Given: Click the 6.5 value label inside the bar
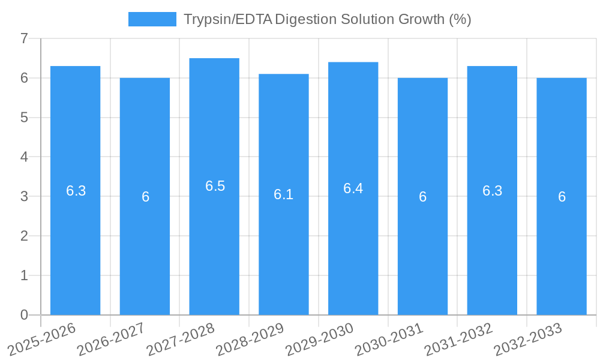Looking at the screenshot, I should (x=215, y=186).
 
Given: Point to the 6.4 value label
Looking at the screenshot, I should (x=353, y=188).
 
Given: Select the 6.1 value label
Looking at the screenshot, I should (x=283, y=194).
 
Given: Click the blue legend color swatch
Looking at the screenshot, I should (x=152, y=19).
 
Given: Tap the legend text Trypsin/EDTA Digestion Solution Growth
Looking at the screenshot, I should (x=327, y=19).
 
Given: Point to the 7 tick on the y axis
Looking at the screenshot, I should (x=24, y=39).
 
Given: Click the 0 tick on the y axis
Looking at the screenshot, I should (x=24, y=315).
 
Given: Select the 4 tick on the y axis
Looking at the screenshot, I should (x=24, y=157).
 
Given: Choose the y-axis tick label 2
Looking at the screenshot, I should (x=24, y=236).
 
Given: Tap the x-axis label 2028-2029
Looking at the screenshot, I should (x=251, y=340).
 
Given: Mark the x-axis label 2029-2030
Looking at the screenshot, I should (x=320, y=340).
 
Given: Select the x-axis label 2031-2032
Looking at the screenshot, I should (x=459, y=340).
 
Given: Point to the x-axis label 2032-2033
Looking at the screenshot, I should (x=529, y=340).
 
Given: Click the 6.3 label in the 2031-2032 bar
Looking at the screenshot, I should (x=492, y=191).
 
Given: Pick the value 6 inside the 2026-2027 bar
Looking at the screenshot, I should (x=145, y=197).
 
